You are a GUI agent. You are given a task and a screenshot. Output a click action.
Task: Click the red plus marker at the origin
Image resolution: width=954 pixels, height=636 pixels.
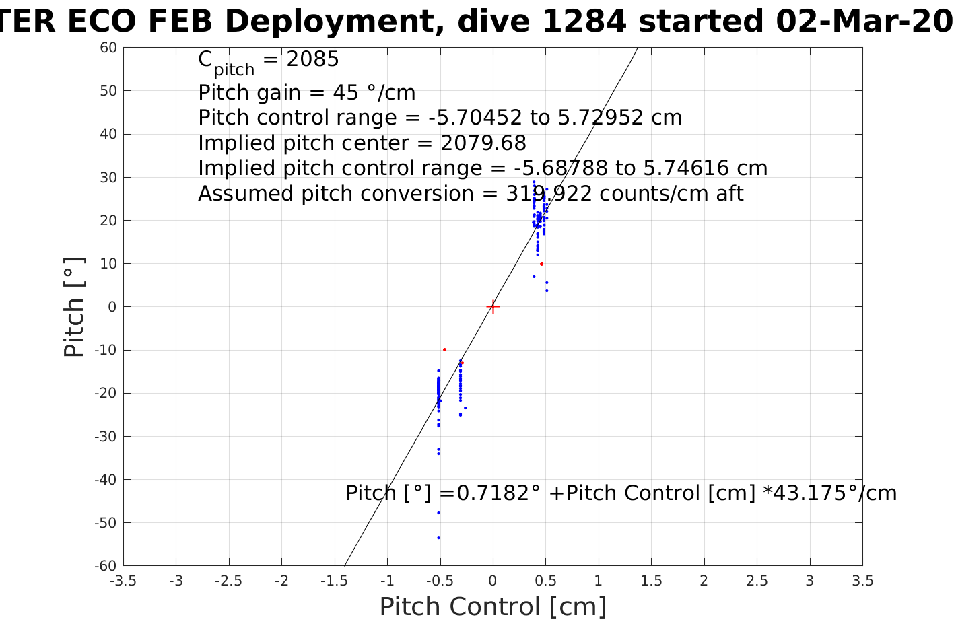pos(493,307)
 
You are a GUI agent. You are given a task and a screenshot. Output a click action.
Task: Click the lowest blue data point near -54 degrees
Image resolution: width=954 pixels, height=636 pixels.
pos(438,538)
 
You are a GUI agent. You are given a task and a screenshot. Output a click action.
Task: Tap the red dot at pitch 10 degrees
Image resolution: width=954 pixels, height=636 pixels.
pos(541,264)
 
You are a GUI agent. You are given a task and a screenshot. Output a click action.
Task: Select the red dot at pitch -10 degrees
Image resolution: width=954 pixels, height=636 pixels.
pos(444,349)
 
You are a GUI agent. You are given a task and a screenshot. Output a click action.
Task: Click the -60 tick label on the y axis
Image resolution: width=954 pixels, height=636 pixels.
pos(106,566)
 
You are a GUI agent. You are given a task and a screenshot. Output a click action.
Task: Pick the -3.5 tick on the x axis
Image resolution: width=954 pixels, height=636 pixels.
pos(123,581)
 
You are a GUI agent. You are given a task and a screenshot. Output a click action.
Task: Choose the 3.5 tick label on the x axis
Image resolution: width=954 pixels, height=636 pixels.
pos(862,581)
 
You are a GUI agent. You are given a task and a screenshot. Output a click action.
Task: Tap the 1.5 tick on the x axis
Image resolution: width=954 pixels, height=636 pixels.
pos(651,581)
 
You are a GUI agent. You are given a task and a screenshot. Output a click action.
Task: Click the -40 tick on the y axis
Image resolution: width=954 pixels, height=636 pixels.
pos(106,480)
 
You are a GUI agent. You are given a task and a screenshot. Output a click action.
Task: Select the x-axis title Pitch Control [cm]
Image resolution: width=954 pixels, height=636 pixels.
pos(493,607)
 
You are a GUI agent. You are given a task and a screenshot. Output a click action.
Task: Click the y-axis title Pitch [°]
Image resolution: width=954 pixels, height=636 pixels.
pos(74,307)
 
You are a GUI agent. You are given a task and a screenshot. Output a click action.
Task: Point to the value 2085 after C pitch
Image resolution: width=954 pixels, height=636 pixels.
pos(312,60)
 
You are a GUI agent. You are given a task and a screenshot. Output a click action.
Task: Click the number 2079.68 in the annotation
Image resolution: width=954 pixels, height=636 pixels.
pos(483,143)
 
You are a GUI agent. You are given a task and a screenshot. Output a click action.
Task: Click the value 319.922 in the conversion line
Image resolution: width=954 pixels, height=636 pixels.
pos(549,194)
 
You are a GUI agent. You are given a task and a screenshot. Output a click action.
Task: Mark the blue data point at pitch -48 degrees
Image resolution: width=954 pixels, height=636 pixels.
pos(438,513)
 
